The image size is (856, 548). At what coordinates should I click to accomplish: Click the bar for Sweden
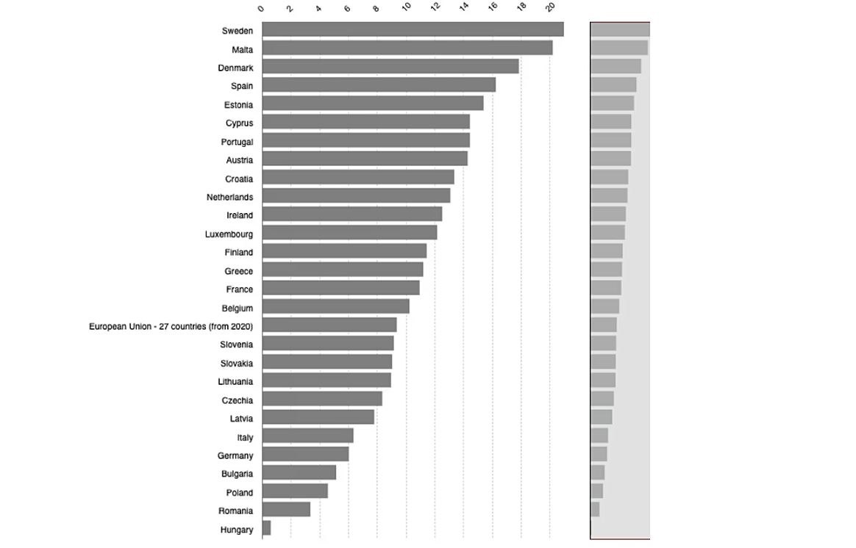click(413, 29)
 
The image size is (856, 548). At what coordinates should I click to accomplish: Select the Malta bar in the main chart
click(407, 48)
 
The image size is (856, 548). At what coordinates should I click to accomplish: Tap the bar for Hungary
click(266, 528)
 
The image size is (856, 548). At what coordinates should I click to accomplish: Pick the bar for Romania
click(286, 509)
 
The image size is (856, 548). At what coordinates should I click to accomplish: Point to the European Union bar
click(329, 325)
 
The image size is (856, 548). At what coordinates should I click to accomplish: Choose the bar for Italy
click(307, 436)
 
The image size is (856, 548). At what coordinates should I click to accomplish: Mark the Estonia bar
click(372, 103)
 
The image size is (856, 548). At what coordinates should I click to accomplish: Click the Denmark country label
click(235, 68)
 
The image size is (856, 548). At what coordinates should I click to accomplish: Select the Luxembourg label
click(229, 234)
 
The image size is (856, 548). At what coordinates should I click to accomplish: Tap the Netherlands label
click(229, 197)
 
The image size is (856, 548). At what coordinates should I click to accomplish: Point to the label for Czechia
click(237, 400)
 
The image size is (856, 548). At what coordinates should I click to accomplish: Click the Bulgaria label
click(237, 474)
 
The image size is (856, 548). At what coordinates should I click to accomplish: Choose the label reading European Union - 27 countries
click(171, 326)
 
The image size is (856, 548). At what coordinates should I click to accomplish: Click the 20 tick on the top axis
click(551, 7)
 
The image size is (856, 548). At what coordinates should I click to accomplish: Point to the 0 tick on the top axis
click(262, 8)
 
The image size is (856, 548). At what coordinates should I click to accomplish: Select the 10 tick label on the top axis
click(407, 7)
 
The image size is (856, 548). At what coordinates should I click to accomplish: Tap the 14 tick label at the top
click(464, 7)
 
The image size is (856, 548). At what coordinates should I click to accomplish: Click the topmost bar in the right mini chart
click(620, 29)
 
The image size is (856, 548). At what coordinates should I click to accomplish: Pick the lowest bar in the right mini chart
click(595, 509)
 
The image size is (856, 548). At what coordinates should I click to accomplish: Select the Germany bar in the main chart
click(305, 454)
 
